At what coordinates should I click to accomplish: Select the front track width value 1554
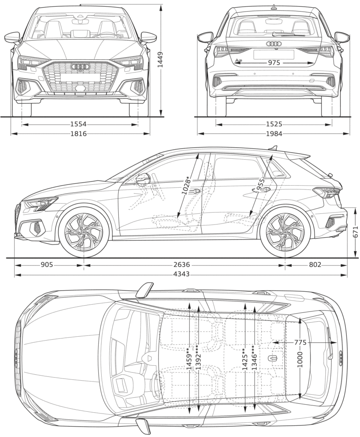pyautogui.click(x=79, y=124)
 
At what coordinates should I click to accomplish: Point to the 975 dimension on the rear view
pyautogui.click(x=274, y=63)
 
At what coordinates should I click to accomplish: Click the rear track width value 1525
pyautogui.click(x=274, y=124)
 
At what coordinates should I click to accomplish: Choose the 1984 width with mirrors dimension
pyautogui.click(x=274, y=134)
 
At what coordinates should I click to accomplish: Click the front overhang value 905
pyautogui.click(x=47, y=265)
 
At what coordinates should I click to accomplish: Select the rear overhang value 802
pyautogui.click(x=315, y=265)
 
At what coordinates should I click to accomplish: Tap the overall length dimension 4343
pyautogui.click(x=181, y=274)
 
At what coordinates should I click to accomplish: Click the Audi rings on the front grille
pyautogui.click(x=80, y=67)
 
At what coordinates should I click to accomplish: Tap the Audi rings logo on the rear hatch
pyautogui.click(x=274, y=44)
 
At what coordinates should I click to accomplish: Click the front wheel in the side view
pyautogui.click(x=84, y=232)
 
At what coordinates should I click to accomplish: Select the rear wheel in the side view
pyautogui.click(x=285, y=232)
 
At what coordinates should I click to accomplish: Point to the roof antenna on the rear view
pyautogui.click(x=274, y=6)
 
